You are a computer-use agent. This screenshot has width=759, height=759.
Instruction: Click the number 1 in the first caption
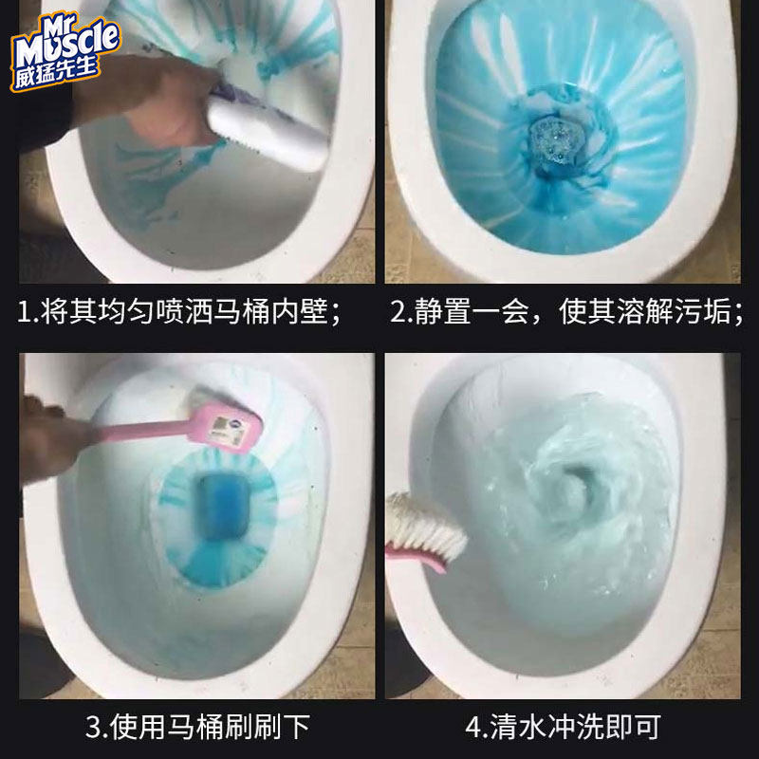(x=26, y=314)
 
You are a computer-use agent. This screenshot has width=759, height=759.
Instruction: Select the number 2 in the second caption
(x=398, y=314)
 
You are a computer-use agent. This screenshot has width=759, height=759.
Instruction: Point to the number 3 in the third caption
(x=95, y=728)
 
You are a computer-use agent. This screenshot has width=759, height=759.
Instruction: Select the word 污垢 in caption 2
(x=707, y=314)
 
